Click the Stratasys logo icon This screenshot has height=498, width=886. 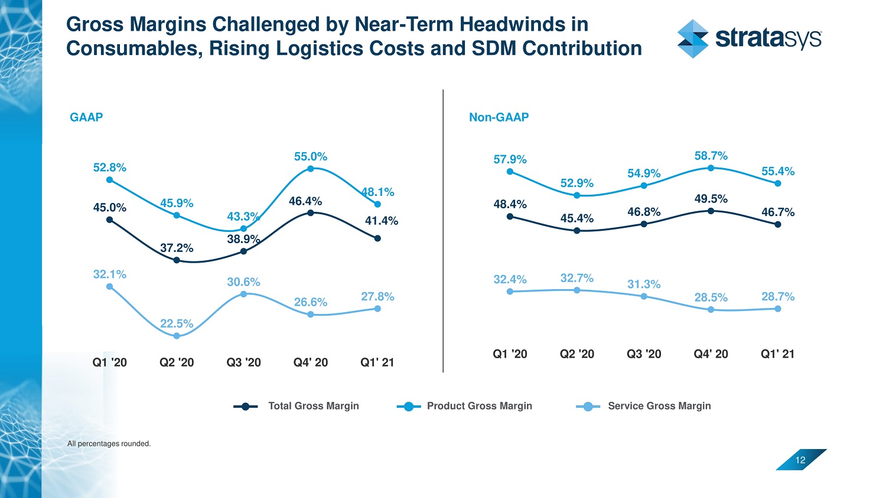(693, 39)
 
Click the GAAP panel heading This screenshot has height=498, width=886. (86, 117)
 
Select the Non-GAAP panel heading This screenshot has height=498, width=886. (499, 117)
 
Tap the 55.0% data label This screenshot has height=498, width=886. (311, 156)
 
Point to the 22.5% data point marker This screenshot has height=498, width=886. (177, 336)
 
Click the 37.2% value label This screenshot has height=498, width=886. (177, 248)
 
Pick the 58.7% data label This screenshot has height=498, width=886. (711, 156)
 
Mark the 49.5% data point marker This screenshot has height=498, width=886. (711, 211)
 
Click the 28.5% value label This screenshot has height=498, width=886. (711, 297)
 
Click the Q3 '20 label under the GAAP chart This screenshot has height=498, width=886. (243, 362)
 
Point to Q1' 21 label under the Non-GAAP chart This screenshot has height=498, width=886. (777, 354)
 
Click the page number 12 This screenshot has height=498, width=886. (800, 460)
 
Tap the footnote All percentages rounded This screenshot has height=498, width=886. (109, 444)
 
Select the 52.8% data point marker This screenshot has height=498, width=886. (109, 180)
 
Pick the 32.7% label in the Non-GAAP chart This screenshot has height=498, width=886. (576, 278)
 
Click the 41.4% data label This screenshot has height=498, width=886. (381, 221)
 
